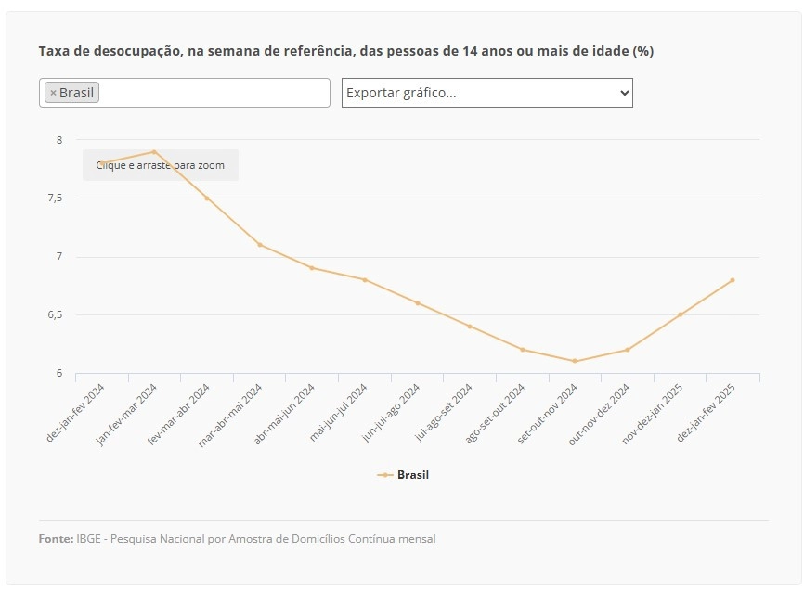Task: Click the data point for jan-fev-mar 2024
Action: click(x=154, y=152)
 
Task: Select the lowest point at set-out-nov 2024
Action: click(x=575, y=361)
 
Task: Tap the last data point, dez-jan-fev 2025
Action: click(x=733, y=280)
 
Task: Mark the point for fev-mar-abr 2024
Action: click(x=207, y=199)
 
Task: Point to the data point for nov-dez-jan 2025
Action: click(x=680, y=314)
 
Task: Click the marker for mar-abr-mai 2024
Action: click(x=260, y=245)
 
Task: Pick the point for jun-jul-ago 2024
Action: click(x=418, y=303)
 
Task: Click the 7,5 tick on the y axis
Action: click(x=56, y=199)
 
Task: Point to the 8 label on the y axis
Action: click(x=59, y=140)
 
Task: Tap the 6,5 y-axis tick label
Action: click(x=56, y=314)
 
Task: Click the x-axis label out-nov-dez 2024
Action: click(x=600, y=415)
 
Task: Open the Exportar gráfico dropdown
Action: click(x=487, y=93)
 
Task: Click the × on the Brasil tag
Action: click(x=53, y=93)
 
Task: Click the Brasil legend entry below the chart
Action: click(x=403, y=475)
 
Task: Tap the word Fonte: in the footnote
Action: click(x=56, y=539)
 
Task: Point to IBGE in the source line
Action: click(x=88, y=539)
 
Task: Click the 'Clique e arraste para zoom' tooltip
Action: click(x=161, y=165)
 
